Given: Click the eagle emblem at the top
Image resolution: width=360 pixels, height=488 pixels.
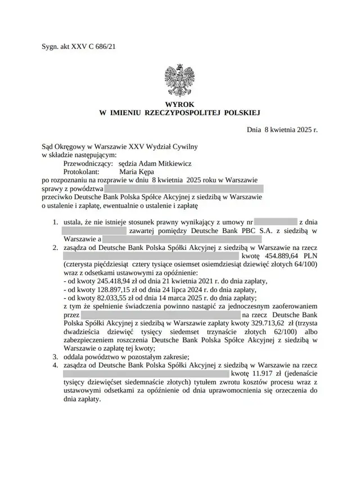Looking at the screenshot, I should point(179,81).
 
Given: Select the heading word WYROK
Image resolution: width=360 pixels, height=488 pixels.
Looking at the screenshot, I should point(179,105).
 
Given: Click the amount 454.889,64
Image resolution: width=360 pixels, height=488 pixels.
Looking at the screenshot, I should point(280,255).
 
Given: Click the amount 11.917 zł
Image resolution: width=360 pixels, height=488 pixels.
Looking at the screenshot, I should point(265,373).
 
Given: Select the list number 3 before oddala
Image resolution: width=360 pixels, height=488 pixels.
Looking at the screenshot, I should point(55,356).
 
